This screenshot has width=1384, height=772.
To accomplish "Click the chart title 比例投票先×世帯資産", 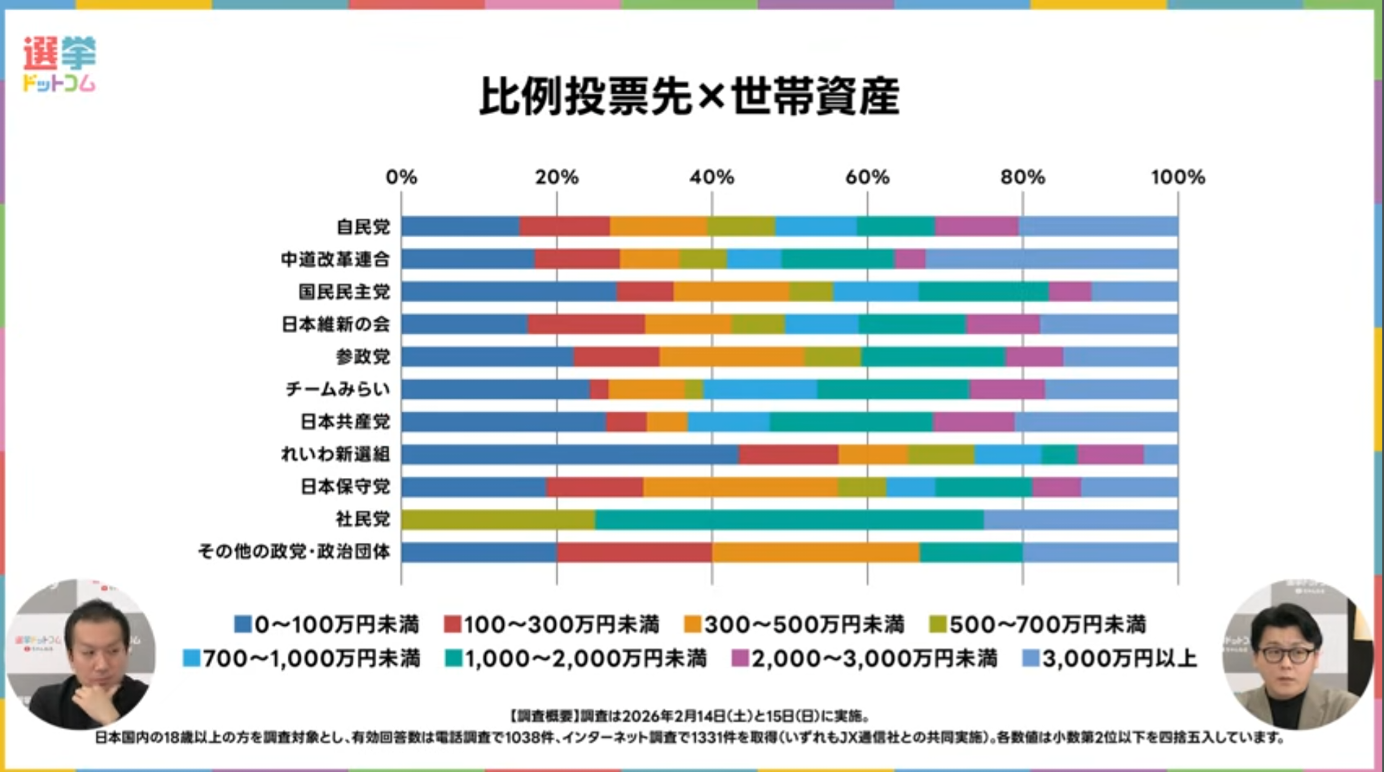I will tap(689, 97).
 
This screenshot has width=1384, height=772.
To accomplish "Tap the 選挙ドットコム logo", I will tap(59, 63).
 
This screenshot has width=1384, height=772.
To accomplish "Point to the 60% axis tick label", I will tap(867, 177).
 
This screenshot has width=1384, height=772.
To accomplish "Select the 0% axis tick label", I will tap(402, 177).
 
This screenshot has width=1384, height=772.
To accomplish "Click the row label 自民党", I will tap(363, 227).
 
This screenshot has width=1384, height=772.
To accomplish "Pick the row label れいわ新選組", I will tap(335, 454).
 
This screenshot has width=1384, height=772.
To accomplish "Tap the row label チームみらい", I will tap(338, 389).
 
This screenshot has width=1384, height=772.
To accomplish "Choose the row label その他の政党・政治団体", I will tap(294, 551).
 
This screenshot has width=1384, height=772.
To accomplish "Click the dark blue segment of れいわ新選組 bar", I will tap(569, 455).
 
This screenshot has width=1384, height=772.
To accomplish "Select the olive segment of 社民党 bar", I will tap(498, 520).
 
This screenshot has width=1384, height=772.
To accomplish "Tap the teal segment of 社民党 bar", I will tap(789, 520).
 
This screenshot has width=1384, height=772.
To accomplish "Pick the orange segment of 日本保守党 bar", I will tap(740, 487).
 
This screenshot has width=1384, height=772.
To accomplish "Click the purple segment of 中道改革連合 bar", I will tap(910, 259).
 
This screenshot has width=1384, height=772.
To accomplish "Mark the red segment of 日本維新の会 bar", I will tap(586, 324).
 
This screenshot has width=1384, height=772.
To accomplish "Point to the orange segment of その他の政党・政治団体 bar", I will tap(815, 552).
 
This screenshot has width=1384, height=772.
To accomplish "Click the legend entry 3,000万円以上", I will tap(1111, 658).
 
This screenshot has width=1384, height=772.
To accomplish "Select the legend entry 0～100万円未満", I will tap(327, 624).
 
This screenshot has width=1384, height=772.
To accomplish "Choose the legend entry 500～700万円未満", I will tap(1038, 624).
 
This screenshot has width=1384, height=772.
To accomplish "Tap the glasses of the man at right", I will tap(1287, 655).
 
